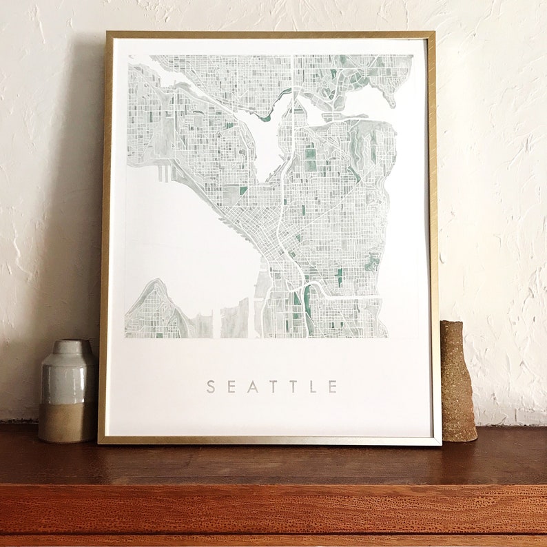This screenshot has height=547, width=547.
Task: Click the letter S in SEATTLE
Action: click(211, 386)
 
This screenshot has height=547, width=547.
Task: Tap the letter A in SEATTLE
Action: click(254, 386)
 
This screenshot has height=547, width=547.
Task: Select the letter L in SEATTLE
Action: click(313, 386)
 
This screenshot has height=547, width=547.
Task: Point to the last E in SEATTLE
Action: click(333, 386)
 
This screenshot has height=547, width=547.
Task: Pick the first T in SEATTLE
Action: click(273, 386)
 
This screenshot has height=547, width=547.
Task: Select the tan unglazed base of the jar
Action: click(67, 422)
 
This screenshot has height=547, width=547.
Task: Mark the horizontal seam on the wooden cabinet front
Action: click(276, 484)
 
